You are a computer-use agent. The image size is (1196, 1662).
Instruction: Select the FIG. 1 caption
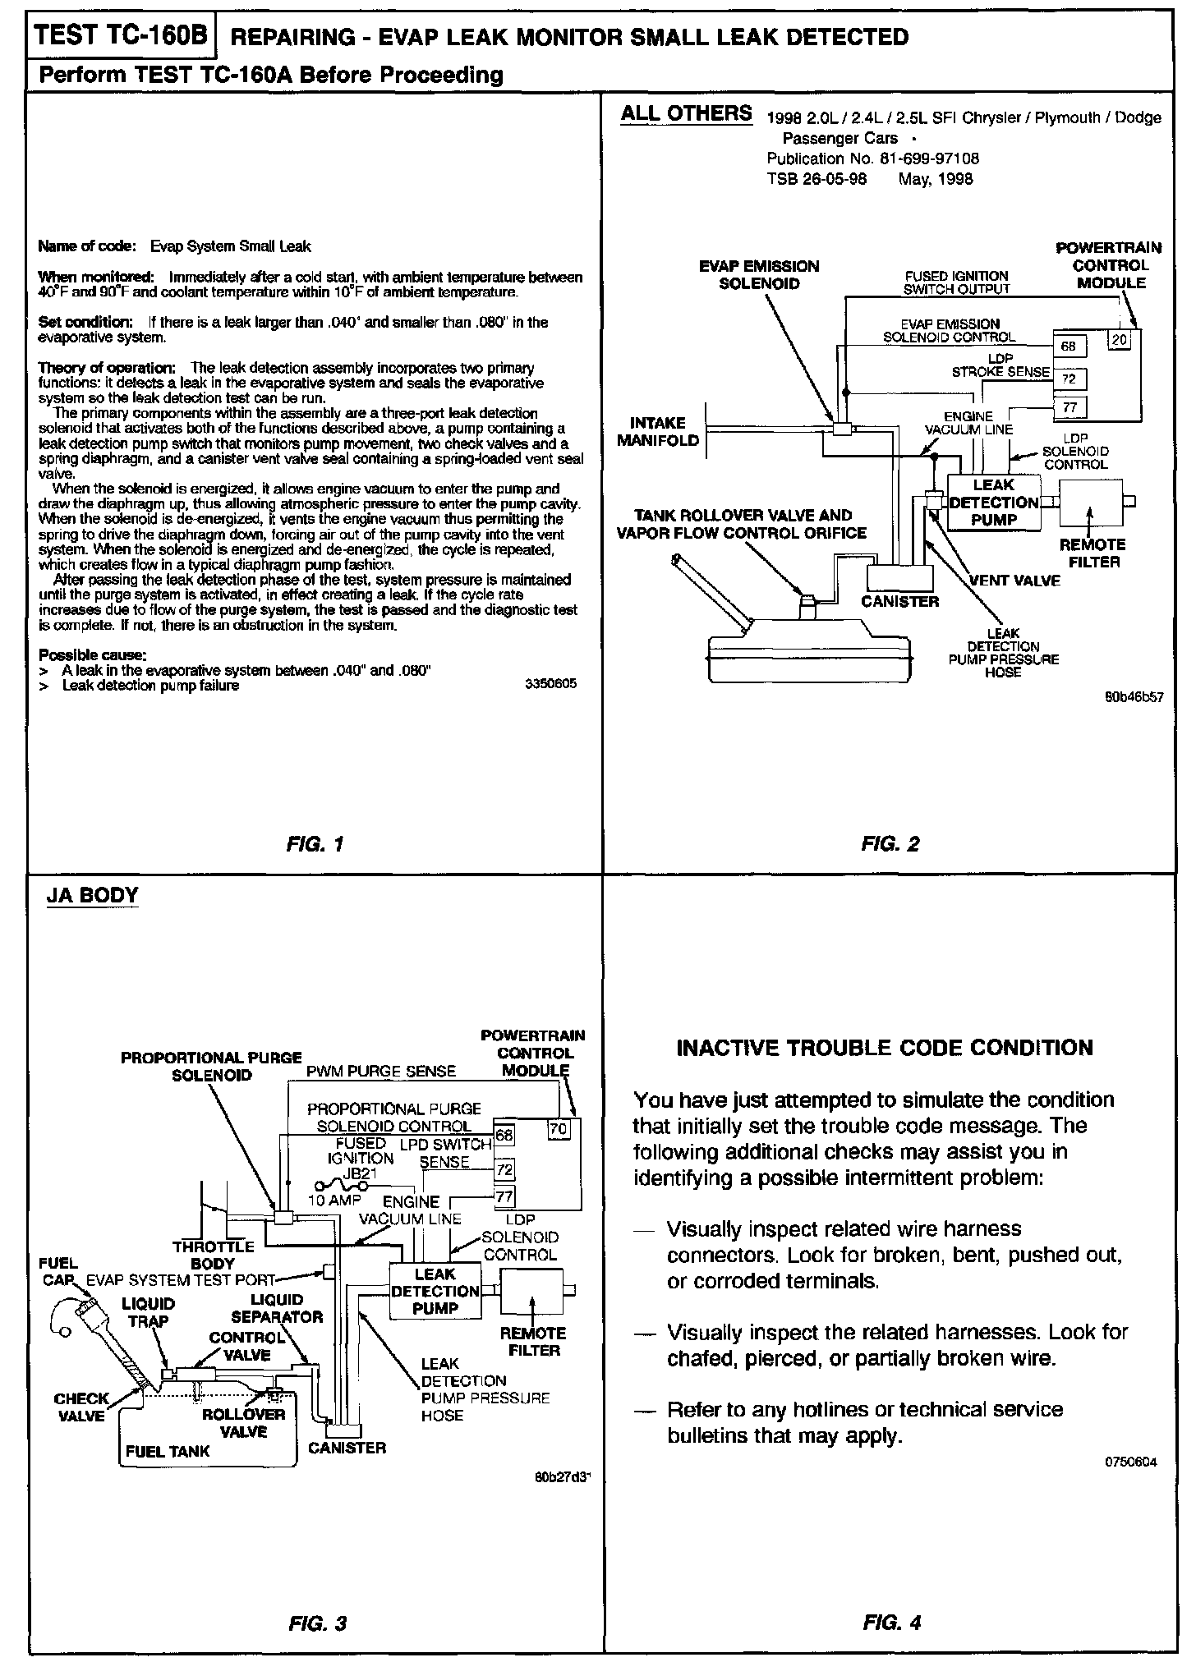click(315, 843)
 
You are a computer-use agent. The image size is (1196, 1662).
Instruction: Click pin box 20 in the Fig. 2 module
click(1119, 338)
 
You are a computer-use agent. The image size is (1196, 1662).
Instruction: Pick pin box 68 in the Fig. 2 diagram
click(1069, 347)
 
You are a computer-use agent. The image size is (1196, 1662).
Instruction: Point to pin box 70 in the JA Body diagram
click(559, 1129)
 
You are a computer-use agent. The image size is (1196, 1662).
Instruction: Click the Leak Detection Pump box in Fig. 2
click(994, 503)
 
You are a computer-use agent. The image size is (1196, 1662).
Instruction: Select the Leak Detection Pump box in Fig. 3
click(435, 1292)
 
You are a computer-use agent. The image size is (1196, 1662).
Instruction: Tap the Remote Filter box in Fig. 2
click(1092, 503)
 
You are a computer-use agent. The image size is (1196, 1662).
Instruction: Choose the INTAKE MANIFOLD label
click(658, 432)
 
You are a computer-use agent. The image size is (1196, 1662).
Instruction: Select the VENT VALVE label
click(1015, 581)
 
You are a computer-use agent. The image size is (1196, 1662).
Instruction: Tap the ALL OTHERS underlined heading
click(686, 113)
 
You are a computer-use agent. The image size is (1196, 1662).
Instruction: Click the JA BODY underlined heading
click(92, 895)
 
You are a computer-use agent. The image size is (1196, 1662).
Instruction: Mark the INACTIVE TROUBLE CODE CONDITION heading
click(885, 1048)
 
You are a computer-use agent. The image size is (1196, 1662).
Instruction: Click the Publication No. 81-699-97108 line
click(872, 158)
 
